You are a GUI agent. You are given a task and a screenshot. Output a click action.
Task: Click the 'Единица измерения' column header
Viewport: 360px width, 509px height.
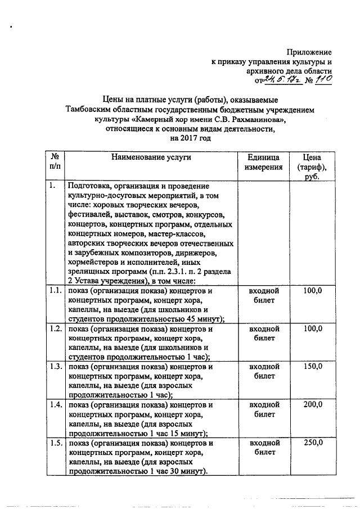(x=263, y=162)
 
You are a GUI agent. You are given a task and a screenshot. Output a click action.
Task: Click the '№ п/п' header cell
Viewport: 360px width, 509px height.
(x=55, y=162)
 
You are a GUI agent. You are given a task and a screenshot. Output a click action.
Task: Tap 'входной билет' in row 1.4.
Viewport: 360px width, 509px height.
(x=263, y=409)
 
